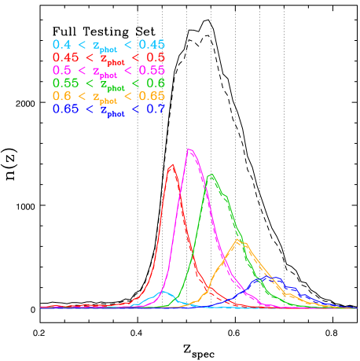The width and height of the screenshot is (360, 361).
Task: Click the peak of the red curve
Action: (x=172, y=164)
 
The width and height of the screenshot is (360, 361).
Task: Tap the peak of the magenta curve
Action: (x=189, y=149)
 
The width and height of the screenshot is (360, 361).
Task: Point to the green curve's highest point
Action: (x=211, y=175)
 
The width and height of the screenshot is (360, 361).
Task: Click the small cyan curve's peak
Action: (x=163, y=292)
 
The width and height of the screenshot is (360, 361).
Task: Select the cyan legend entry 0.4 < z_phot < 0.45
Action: (x=108, y=46)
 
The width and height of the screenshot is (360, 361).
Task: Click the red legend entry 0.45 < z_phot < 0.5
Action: (x=108, y=58)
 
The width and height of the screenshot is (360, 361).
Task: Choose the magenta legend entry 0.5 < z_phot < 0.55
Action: (x=108, y=71)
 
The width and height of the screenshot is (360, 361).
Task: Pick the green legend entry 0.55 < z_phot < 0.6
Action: (x=108, y=83)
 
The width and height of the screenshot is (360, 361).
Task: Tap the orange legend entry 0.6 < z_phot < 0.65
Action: (x=108, y=96)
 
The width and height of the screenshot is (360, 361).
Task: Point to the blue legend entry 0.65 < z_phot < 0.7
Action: (x=108, y=109)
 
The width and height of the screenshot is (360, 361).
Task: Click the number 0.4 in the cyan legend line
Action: (x=61, y=45)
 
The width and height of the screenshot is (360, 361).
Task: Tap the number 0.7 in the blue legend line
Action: (x=156, y=109)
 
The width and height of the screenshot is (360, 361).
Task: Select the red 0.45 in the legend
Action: (x=65, y=57)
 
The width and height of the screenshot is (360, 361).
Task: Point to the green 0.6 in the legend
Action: (x=156, y=83)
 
